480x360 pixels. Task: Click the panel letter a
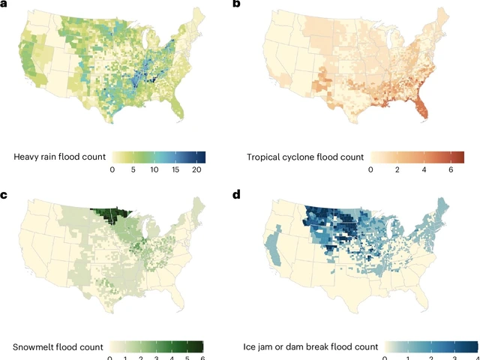point(4,5)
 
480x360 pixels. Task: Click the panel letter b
point(237,5)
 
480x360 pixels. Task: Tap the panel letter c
point(4,196)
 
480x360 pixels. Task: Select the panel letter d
point(237,196)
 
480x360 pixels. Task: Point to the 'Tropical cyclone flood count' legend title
point(305,157)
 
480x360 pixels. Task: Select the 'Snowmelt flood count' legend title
point(58,346)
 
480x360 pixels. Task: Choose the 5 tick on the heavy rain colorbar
point(133,170)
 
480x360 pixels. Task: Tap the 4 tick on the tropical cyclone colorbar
point(425,170)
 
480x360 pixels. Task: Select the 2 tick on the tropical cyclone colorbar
point(397,170)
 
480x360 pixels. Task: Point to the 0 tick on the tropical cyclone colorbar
point(370,170)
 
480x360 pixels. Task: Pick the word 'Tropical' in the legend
point(268,157)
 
